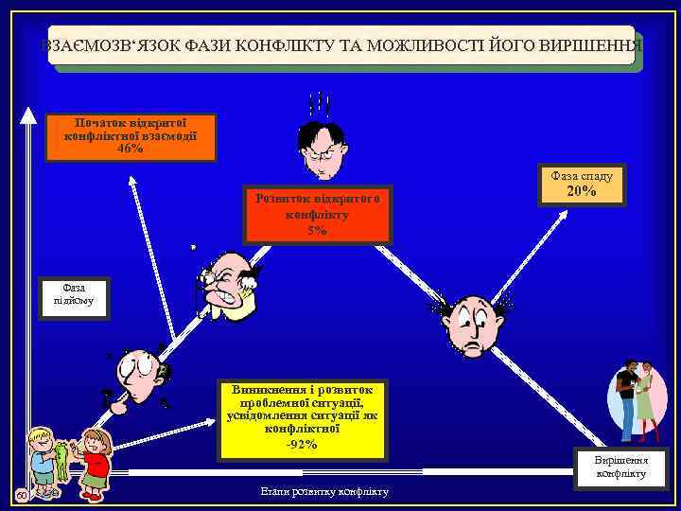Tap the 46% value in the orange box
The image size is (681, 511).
point(130,149)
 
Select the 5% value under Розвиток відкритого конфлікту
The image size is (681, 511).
point(317,230)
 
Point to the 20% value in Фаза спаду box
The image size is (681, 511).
point(581,192)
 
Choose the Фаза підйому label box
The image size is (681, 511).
point(73,294)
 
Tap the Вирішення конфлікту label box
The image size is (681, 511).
point(620,467)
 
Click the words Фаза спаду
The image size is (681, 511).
point(581,175)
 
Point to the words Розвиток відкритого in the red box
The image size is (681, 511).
point(317,198)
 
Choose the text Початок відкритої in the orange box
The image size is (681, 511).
point(130,122)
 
